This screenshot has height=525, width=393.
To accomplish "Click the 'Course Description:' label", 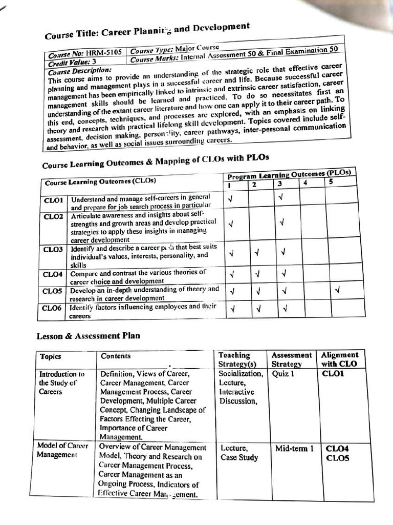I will [x=80, y=70].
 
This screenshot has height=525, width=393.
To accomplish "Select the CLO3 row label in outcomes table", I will [x=53, y=249].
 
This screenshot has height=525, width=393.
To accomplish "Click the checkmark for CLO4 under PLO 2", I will [x=258, y=274].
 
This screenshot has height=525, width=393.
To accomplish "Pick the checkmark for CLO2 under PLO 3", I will [x=282, y=223].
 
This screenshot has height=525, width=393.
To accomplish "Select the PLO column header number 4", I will [x=305, y=182].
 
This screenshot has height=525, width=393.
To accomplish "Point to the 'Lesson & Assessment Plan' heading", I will [x=88, y=336].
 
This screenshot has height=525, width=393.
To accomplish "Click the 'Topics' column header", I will [x=50, y=356].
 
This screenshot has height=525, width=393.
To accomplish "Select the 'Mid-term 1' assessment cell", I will [x=294, y=448].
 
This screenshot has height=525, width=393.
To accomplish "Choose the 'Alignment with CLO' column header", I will [x=340, y=359].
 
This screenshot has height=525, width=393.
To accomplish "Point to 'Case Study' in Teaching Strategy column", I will [x=239, y=457].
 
